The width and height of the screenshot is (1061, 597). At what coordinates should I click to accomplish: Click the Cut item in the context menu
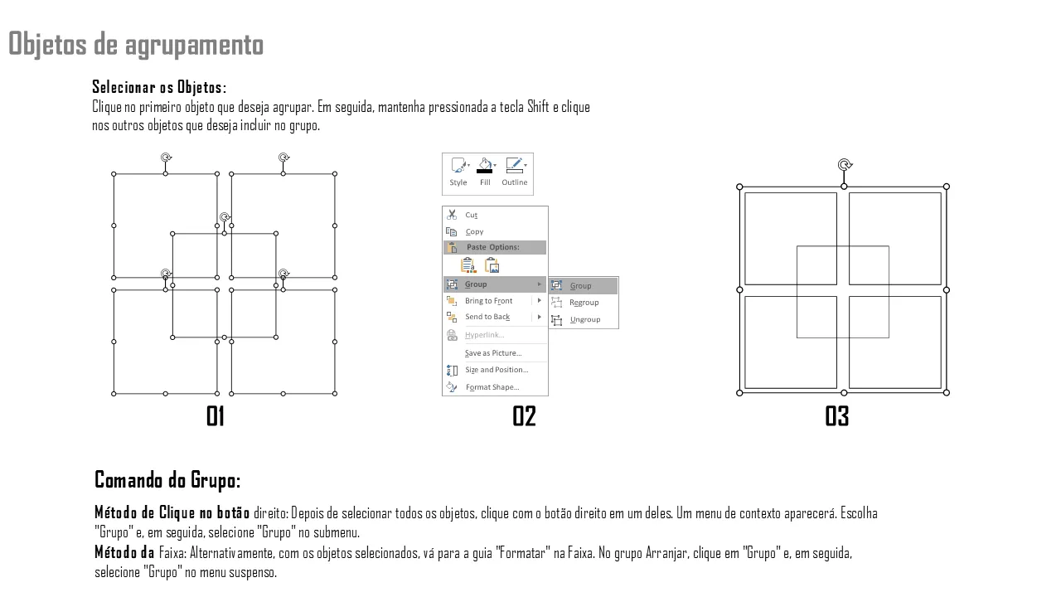point(471,215)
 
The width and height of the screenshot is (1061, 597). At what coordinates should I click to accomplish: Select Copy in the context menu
point(474,231)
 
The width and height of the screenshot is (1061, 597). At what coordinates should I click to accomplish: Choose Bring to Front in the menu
point(488,301)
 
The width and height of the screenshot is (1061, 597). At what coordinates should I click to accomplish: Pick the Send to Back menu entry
point(487,317)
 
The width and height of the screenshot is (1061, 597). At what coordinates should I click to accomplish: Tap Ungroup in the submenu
point(585,320)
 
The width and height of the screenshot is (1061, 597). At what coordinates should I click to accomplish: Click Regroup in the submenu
point(584,303)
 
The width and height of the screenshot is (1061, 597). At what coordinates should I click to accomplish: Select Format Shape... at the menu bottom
point(492,387)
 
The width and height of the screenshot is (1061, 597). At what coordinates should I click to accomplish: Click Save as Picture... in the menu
point(493,353)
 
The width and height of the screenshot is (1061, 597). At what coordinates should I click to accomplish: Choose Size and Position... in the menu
point(497,370)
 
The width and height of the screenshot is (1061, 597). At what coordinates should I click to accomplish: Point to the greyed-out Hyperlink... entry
point(485,335)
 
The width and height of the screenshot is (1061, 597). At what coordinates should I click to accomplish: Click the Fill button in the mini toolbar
point(485,172)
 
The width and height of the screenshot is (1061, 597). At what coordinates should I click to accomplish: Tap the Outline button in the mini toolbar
point(515,172)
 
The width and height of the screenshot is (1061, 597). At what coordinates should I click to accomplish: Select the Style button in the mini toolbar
point(458,172)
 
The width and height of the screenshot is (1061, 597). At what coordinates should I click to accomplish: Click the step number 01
point(216,416)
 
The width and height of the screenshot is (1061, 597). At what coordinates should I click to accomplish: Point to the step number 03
point(837,416)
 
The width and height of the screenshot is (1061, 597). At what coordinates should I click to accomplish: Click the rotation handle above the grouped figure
point(845,165)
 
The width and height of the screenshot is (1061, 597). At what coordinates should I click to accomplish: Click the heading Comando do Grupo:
point(167,480)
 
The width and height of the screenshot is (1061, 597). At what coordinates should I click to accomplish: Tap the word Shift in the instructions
point(538,107)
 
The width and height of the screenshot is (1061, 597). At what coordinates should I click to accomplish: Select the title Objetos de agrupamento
point(136,44)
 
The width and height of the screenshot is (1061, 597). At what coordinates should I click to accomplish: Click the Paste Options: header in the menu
point(493,247)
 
